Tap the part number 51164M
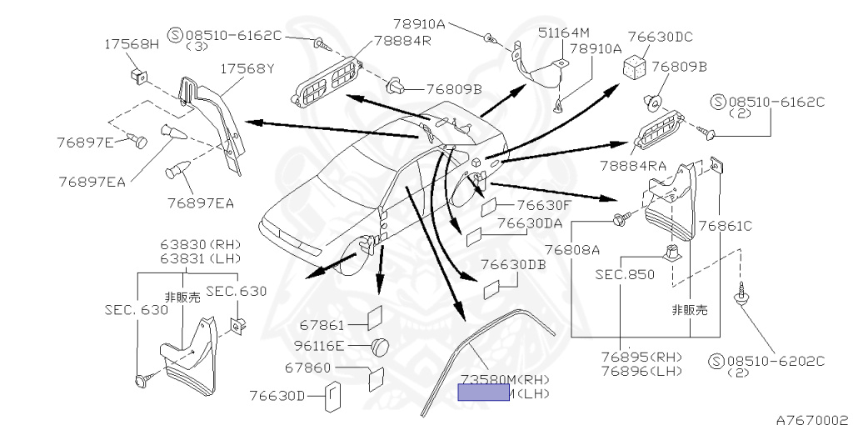(x=584, y=32)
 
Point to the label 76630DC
(x=661, y=37)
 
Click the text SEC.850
(x=626, y=274)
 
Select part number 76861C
(x=726, y=225)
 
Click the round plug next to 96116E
(x=381, y=345)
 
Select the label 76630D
(x=278, y=395)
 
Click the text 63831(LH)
(x=200, y=258)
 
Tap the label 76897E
(x=85, y=142)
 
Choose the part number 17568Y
(x=247, y=68)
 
